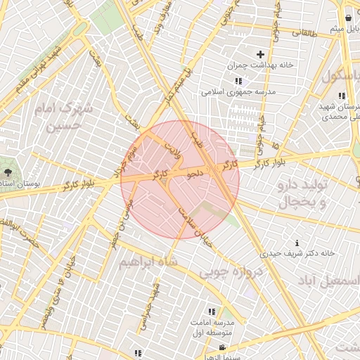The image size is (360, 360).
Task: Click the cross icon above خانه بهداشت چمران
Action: pyautogui.click(x=260, y=54)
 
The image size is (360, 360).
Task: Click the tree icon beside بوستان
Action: pyautogui.click(x=8, y=172)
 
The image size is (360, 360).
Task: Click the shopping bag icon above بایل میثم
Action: pyautogui.click(x=349, y=18)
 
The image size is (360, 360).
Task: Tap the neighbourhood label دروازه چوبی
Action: pyautogui.click(x=229, y=271)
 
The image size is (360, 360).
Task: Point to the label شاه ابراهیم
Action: pyautogui.click(x=148, y=262)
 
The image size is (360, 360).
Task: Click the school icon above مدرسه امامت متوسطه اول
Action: pyautogui.click(x=212, y=311)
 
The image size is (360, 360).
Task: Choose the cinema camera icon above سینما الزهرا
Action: pyautogui.click(x=222, y=347)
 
